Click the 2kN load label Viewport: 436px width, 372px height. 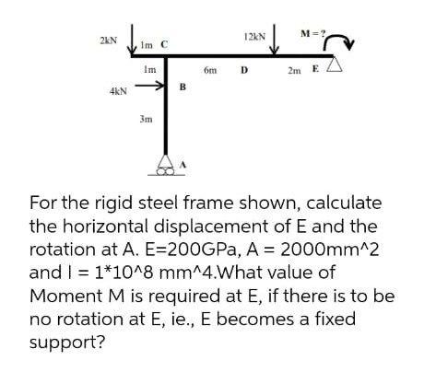click(x=109, y=41)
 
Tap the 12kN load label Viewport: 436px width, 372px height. click(x=254, y=37)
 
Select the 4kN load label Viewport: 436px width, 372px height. click(x=118, y=91)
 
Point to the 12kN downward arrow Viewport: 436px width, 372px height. click(x=274, y=39)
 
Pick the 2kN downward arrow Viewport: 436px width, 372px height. click(x=133, y=39)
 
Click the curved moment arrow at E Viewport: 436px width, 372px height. click(x=339, y=41)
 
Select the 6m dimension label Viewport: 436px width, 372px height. click(x=210, y=70)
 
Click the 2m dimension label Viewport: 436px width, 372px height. click(x=294, y=71)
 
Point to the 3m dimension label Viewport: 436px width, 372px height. click(x=146, y=119)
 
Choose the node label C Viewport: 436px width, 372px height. click(x=164, y=45)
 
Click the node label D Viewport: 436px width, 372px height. click(x=244, y=70)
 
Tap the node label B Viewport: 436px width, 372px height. click(x=183, y=87)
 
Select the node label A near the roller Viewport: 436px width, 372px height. click(x=183, y=165)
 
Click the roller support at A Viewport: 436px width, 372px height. click(x=166, y=165)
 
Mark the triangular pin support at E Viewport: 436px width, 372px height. click(x=335, y=64)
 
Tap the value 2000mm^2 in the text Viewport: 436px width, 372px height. click(x=329, y=249)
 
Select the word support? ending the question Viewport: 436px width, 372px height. click(x=67, y=343)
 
